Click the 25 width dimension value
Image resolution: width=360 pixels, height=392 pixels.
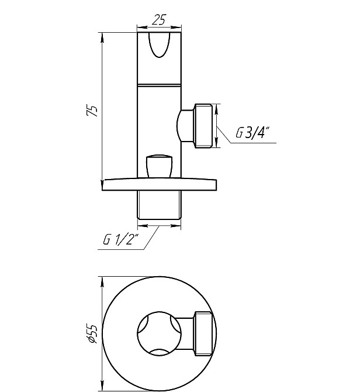tap(159, 20)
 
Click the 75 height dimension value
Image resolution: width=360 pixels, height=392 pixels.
tap(92, 110)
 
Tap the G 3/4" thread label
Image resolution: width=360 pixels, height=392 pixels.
tap(252, 132)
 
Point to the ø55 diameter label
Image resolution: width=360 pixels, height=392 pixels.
tap(91, 333)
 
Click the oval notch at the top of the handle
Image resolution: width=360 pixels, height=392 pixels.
tap(160, 45)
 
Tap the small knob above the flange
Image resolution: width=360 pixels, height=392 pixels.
tap(159, 166)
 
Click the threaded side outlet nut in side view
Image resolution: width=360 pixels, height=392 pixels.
tap(203, 126)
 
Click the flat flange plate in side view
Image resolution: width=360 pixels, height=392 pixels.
tap(159, 184)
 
